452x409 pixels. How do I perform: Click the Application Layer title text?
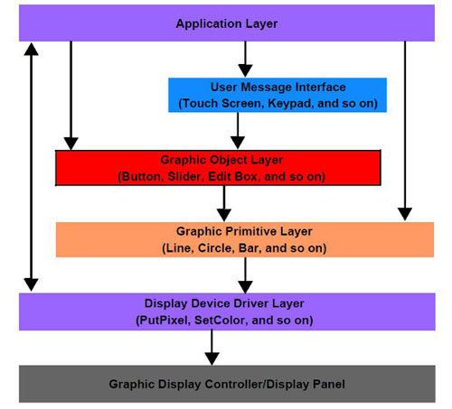click(x=227, y=23)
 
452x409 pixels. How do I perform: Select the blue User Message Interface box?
click(x=277, y=95)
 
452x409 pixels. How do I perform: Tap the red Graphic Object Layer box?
click(x=218, y=167)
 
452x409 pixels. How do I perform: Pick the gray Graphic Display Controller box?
click(x=227, y=383)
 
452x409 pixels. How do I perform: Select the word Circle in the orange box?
click(x=215, y=247)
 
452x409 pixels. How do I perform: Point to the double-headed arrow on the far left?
click(x=32, y=167)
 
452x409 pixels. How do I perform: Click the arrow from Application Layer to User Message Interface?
click(x=242, y=60)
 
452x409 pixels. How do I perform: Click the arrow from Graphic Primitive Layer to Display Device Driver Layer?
click(x=244, y=274)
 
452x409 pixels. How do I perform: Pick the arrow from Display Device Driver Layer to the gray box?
click(x=212, y=346)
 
